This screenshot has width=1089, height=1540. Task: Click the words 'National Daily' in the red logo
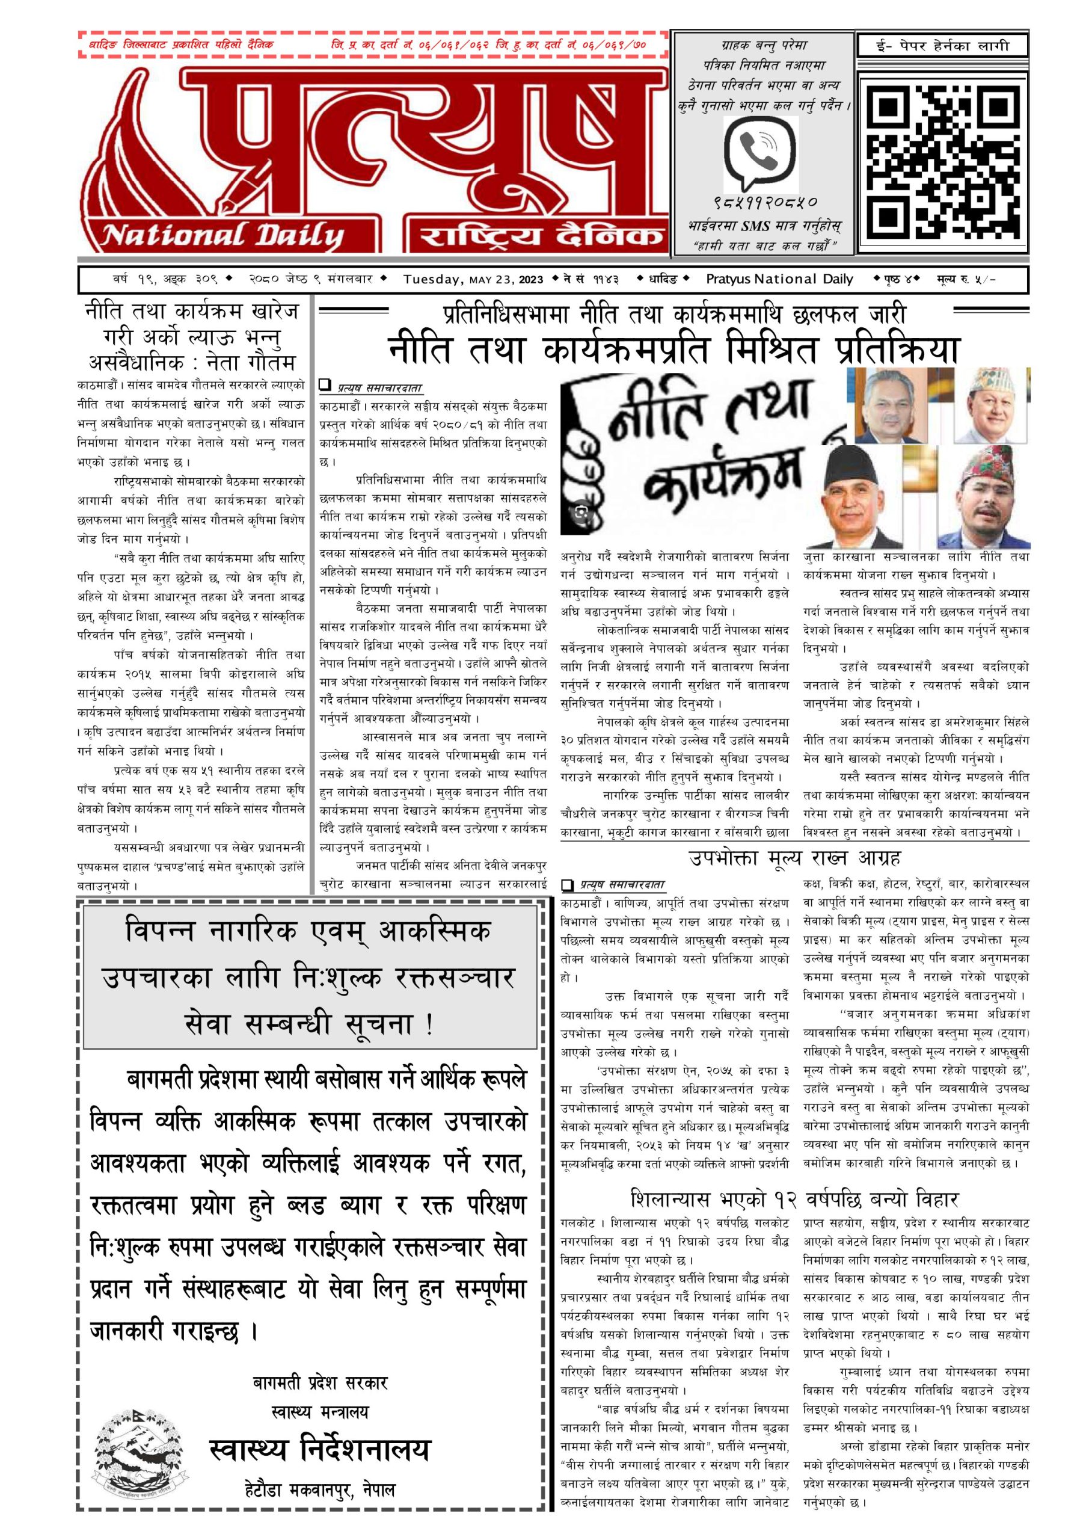(221, 235)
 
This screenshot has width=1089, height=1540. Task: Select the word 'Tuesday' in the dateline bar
(432, 279)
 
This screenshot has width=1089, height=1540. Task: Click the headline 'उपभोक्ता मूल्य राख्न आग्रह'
(794, 858)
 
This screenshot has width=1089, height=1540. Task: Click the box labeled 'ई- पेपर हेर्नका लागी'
(942, 46)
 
